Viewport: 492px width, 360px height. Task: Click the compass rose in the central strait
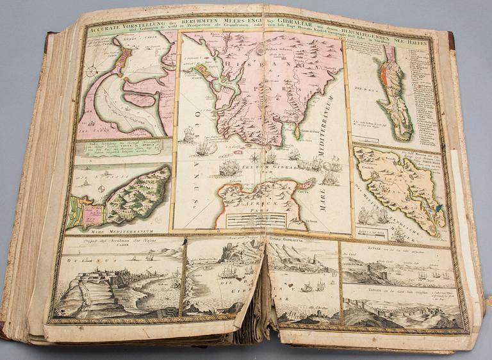[x=255, y=157]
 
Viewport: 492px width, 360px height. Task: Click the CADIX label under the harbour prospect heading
[x=116, y=252]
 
